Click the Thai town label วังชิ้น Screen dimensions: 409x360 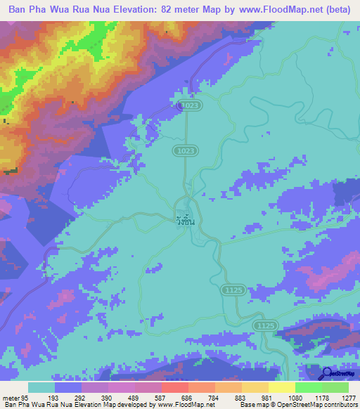(185, 221)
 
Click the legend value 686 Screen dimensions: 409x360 (188, 396)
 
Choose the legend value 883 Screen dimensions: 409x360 (242, 396)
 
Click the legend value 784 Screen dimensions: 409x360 (215, 396)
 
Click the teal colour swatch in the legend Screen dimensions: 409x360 (41, 387)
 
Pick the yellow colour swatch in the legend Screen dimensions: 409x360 (281, 387)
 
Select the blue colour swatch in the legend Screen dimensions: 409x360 (68, 387)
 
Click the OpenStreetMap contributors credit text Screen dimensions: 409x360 (311, 405)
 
